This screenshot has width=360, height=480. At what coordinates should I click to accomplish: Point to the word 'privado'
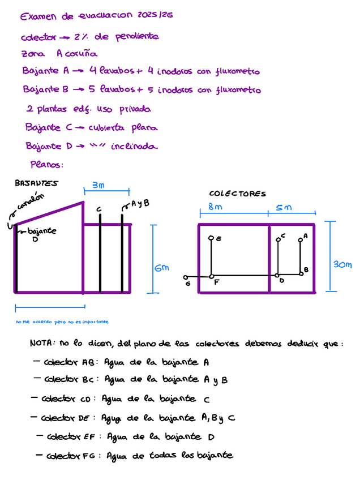click(x=133, y=109)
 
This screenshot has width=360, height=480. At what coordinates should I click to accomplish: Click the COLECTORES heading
click(x=237, y=194)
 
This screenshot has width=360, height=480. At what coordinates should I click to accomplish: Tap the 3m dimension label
click(x=98, y=185)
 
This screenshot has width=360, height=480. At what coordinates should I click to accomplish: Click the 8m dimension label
click(x=215, y=208)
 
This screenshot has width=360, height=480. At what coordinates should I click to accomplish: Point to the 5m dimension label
click(x=284, y=208)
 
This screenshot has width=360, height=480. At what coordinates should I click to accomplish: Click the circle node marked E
click(x=211, y=238)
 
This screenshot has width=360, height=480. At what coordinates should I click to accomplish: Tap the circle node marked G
click(x=186, y=277)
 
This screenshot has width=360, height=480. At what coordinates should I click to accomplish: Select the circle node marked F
click(x=211, y=276)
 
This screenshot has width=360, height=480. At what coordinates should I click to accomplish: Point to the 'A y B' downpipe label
click(x=140, y=204)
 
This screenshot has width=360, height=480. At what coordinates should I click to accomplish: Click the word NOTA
click(x=42, y=344)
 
